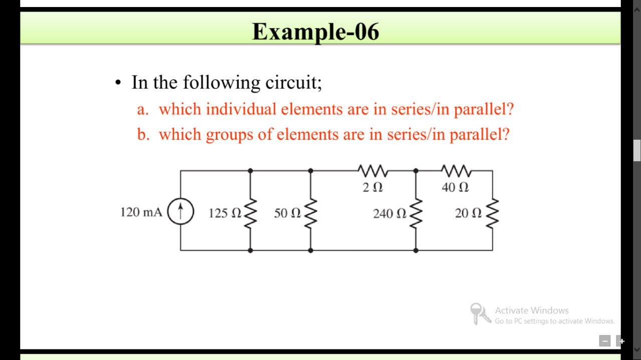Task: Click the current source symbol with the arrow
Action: click(x=180, y=211)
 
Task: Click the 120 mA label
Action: click(x=141, y=212)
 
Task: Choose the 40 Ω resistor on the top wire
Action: click(x=455, y=171)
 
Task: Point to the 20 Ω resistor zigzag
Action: click(x=492, y=212)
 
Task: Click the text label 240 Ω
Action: click(x=390, y=214)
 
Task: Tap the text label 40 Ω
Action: click(x=455, y=188)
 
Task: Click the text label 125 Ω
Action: click(x=225, y=213)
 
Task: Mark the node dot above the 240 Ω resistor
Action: click(x=416, y=171)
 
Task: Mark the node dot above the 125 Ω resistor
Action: click(x=250, y=171)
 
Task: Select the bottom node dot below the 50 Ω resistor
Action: click(x=310, y=250)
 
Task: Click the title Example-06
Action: click(x=315, y=32)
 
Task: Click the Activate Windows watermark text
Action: click(x=531, y=310)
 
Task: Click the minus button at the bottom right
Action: click(x=605, y=341)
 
